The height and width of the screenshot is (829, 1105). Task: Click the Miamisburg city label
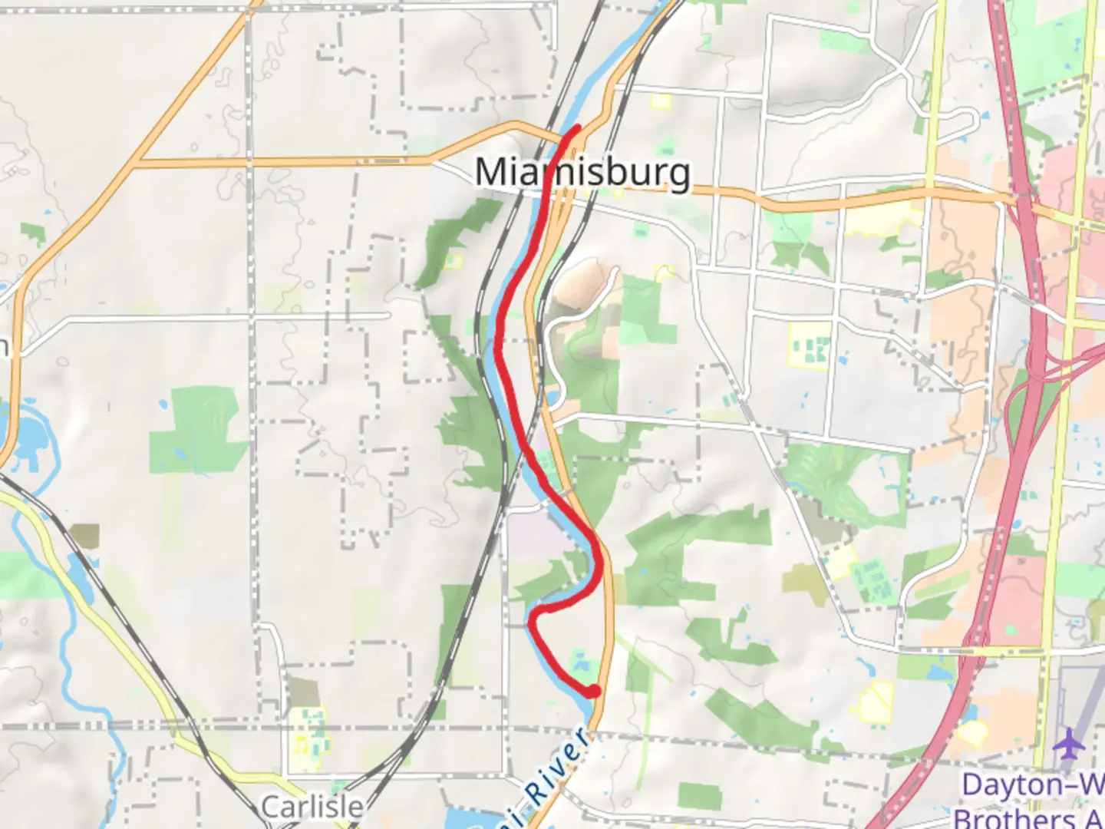tap(582, 172)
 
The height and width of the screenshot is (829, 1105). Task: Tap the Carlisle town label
tap(312, 807)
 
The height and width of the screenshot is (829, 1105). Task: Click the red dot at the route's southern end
tap(593, 692)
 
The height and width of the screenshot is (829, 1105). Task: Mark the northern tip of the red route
tap(577, 126)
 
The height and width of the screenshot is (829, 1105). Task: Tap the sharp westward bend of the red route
tap(535, 612)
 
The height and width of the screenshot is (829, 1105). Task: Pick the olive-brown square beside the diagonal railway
tap(84, 536)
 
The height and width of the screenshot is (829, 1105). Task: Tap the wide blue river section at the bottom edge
tap(476, 817)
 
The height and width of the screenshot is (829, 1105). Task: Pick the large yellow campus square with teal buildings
tap(810, 345)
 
